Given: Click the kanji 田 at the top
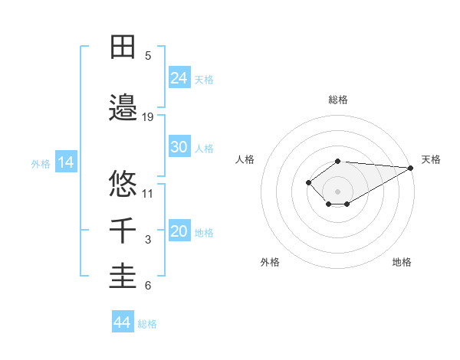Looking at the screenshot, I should point(123,47).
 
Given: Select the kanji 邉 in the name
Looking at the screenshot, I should point(123,106).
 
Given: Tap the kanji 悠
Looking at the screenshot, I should point(123,183).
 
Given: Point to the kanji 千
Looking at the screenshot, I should point(123,230).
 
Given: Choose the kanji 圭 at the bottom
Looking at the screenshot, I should point(123,277).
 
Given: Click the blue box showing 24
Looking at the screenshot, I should point(179,77).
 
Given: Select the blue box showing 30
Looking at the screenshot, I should point(179,147).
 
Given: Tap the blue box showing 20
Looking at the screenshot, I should point(179,232).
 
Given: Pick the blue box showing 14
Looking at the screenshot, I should point(65,162).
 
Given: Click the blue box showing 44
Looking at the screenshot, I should point(123,322).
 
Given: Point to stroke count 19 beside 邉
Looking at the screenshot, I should point(148,116).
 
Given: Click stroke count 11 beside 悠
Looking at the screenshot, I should point(148,193).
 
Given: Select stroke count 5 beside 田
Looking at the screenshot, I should point(148,56).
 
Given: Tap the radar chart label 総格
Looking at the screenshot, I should point(338,100).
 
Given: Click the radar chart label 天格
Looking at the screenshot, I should point(431,159).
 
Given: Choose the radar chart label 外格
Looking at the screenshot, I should point(270,262).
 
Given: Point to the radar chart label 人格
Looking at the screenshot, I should point(245,159).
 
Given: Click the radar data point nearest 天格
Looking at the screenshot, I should point(411,168).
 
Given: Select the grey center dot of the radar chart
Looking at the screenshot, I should point(338,191).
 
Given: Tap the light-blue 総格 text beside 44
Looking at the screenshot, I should point(147,324).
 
